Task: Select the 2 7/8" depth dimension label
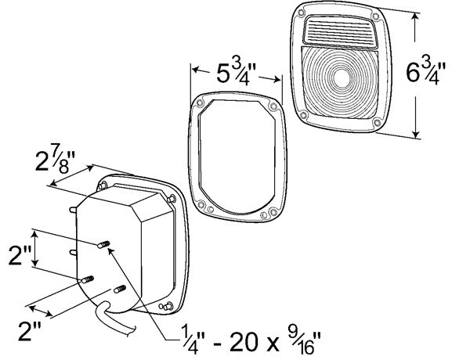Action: pos(55,161)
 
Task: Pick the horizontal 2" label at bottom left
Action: pos(29,330)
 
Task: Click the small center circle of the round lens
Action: pos(341,77)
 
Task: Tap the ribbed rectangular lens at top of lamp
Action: pos(340,32)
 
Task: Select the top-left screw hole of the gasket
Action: pos(199,104)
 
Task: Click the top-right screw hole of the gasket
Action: pos(273,106)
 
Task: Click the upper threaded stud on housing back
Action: pos(103,245)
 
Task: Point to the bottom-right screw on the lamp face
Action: pos(377,122)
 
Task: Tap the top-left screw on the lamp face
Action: pos(301,13)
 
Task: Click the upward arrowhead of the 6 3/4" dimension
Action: pos(415,17)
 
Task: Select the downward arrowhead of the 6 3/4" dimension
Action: pos(416,134)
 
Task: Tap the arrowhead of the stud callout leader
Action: pos(110,250)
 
